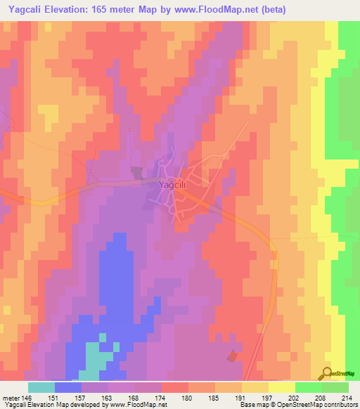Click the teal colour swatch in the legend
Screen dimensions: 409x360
(x=41, y=387)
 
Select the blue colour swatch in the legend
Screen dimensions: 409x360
(x=68, y=387)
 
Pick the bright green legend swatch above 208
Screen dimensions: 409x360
(x=309, y=387)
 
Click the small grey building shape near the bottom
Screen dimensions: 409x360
(x=233, y=357)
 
